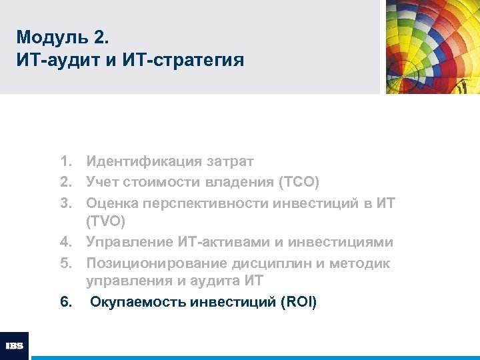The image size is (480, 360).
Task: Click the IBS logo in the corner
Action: (x=14, y=346)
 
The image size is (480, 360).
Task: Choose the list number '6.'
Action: (x=65, y=303)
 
